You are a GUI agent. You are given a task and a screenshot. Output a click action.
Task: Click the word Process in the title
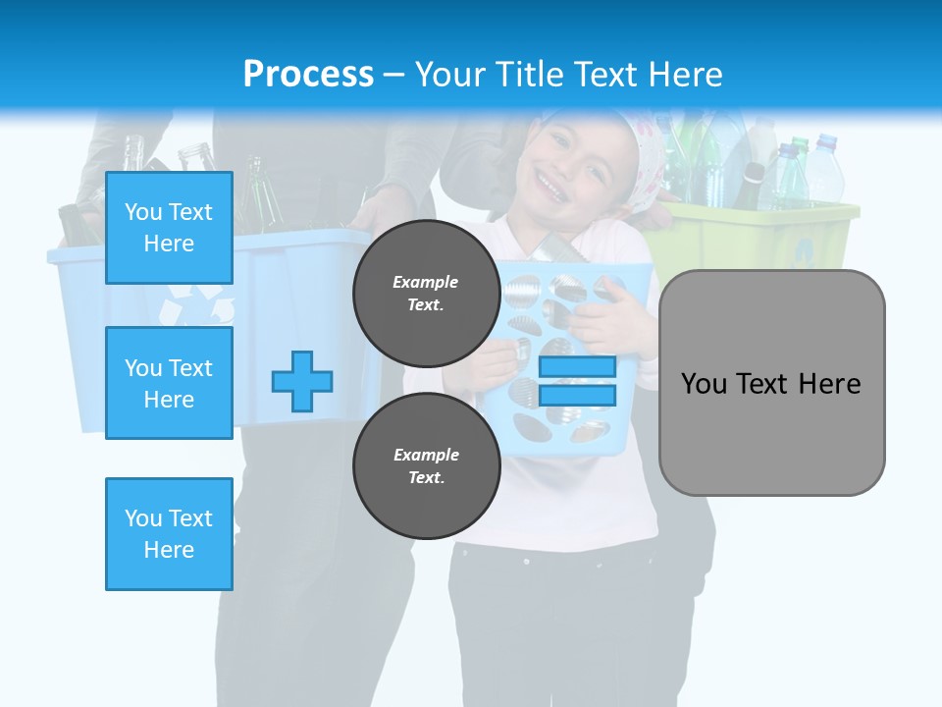click(x=308, y=75)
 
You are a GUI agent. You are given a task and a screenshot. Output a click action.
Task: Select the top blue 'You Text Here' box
click(x=169, y=228)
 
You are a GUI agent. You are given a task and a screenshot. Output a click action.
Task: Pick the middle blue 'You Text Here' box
click(x=169, y=383)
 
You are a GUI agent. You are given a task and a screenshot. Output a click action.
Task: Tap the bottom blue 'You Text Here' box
click(x=169, y=534)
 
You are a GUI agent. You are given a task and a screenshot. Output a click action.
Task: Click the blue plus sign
click(x=302, y=381)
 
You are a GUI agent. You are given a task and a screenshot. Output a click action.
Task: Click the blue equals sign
click(x=578, y=381)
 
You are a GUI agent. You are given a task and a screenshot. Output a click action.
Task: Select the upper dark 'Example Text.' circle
click(x=426, y=293)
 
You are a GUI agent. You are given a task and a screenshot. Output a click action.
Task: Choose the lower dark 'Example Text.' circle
click(x=426, y=465)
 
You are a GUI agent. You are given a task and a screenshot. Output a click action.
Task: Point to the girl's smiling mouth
click(x=550, y=186)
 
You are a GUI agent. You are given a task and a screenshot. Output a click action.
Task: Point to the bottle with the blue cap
click(x=824, y=167)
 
